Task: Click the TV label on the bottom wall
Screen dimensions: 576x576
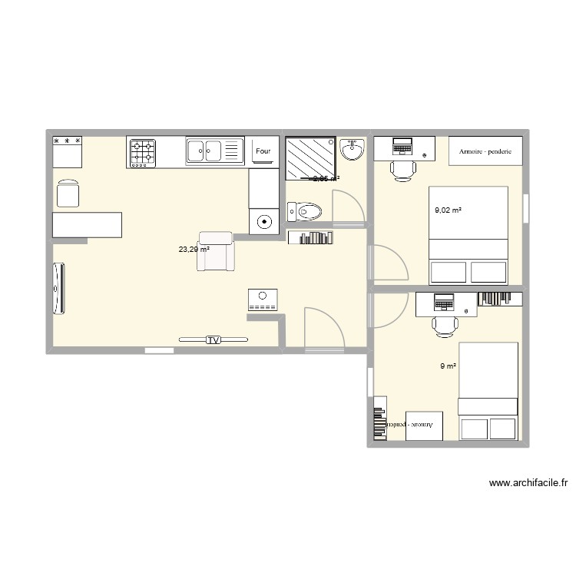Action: click(x=214, y=339)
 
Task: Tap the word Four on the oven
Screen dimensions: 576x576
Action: click(x=263, y=152)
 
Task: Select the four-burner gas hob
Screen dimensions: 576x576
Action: click(x=142, y=153)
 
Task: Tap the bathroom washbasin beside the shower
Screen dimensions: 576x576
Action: click(x=353, y=150)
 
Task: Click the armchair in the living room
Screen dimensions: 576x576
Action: click(x=216, y=251)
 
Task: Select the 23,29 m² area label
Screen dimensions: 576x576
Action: click(x=194, y=249)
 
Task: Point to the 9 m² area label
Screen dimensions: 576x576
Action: click(x=449, y=366)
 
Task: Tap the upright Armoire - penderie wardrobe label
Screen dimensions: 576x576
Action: click(x=485, y=151)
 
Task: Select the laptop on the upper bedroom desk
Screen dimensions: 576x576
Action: click(x=402, y=145)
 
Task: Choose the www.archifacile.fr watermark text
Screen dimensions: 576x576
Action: click(x=528, y=483)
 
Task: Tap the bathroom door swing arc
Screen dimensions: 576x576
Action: click(x=346, y=207)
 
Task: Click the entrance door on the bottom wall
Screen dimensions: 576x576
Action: click(x=322, y=330)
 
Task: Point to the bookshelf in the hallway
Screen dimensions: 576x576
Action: click(x=310, y=237)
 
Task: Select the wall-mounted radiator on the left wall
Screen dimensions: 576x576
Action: click(x=58, y=289)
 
